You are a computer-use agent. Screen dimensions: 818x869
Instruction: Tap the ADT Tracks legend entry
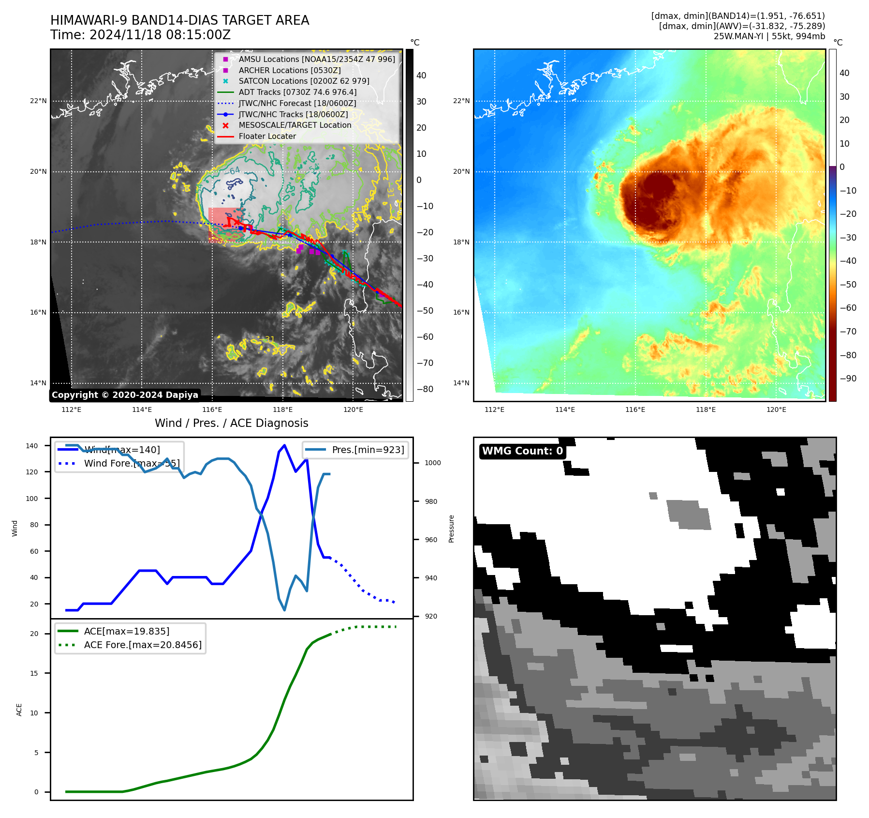(x=297, y=92)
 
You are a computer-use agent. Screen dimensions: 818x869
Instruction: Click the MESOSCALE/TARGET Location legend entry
(x=295, y=125)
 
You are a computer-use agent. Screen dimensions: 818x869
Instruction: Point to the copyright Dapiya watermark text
(x=125, y=395)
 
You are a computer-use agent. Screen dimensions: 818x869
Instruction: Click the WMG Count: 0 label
(x=522, y=451)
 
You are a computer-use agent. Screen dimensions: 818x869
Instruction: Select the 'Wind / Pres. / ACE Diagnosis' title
(x=231, y=423)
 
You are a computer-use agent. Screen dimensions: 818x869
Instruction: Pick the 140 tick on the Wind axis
(x=32, y=446)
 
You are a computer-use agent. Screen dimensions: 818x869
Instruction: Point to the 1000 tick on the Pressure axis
(x=432, y=463)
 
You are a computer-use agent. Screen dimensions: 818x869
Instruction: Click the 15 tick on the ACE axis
(x=34, y=673)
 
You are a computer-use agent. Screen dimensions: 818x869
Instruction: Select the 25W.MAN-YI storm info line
(x=769, y=36)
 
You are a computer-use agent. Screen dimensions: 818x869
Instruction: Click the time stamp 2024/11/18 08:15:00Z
(x=160, y=35)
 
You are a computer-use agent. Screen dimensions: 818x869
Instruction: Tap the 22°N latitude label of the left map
(x=38, y=101)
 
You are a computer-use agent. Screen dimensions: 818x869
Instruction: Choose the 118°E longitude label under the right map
(x=706, y=409)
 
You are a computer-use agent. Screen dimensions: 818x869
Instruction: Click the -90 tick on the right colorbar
(x=848, y=379)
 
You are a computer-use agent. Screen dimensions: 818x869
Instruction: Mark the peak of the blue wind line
(x=284, y=445)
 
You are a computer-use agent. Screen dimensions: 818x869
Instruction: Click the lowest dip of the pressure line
(x=284, y=610)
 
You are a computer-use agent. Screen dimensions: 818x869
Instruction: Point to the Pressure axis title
(x=451, y=529)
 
